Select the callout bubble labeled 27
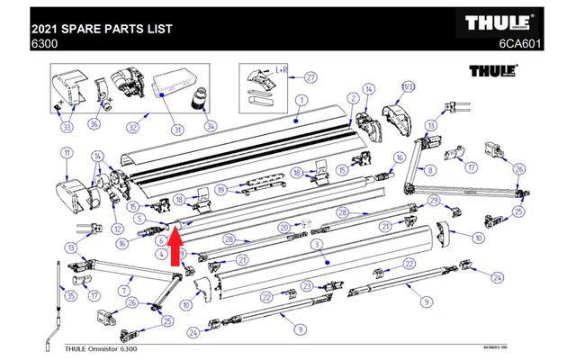coord(310,76)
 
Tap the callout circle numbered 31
coord(177,130)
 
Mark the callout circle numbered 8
coord(430,169)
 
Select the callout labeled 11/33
coord(409,87)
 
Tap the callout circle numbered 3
coord(316,244)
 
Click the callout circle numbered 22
coord(408,263)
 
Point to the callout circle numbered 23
coord(306,286)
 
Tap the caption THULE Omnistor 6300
coord(101,348)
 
